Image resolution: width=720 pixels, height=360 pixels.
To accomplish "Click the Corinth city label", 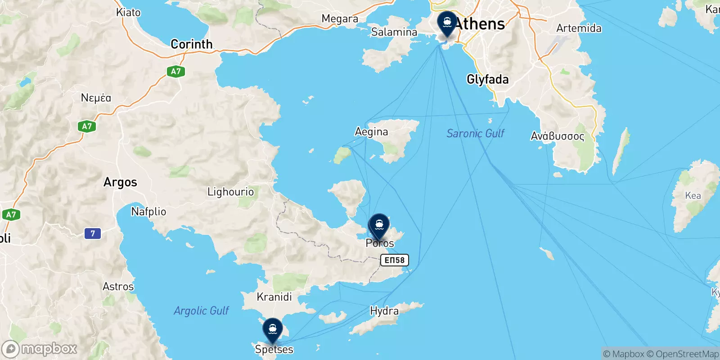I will click(x=191, y=44).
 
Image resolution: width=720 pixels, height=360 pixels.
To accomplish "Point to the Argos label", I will click(x=120, y=182).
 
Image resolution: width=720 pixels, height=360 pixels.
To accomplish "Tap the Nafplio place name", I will click(x=148, y=211).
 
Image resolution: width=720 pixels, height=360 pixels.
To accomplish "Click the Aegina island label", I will click(x=371, y=132).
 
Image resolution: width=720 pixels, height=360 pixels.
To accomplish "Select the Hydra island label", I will click(x=384, y=311).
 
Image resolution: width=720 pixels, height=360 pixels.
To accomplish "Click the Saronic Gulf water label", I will click(x=475, y=134).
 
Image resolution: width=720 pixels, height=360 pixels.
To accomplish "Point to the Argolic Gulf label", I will click(x=201, y=310).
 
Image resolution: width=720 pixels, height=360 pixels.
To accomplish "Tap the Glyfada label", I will click(x=487, y=80).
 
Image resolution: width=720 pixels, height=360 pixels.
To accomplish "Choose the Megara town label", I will click(x=340, y=19).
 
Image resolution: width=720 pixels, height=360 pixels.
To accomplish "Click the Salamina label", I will click(x=394, y=32).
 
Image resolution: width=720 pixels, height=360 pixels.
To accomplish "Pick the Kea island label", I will click(x=693, y=196).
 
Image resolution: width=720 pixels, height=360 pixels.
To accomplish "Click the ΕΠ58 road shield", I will click(x=394, y=260).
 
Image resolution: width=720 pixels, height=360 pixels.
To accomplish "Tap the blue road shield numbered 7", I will click(x=93, y=233).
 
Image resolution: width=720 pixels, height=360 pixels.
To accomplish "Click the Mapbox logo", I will click(x=40, y=349).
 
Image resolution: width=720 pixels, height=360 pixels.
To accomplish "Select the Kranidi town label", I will click(x=274, y=297).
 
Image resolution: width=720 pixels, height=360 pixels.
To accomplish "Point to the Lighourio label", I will click(x=230, y=192).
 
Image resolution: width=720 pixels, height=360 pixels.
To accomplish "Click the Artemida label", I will click(x=579, y=28).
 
